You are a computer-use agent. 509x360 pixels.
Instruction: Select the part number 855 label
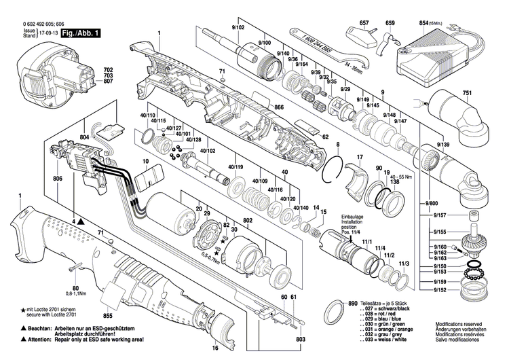point(107,317)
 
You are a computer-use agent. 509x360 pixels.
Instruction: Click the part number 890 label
point(352,303)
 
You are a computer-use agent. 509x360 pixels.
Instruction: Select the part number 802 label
point(248,221)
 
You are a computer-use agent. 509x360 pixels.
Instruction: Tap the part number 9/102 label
point(238,26)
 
